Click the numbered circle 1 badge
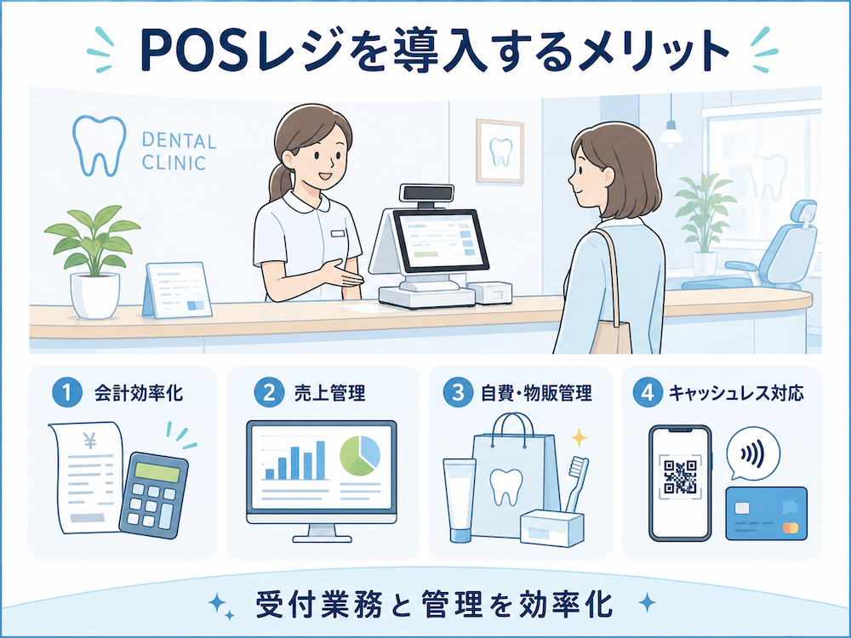pyautogui.click(x=66, y=393)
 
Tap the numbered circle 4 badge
pyautogui.click(x=648, y=393)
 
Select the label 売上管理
pyautogui.click(x=329, y=393)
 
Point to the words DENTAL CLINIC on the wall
pyautogui.click(x=179, y=151)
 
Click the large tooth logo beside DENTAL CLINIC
pyautogui.click(x=100, y=145)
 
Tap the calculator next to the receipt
pyautogui.click(x=153, y=495)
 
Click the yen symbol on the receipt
pyautogui.click(x=90, y=442)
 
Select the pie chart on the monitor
pyautogui.click(x=360, y=456)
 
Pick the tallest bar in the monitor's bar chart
pyautogui.click(x=320, y=460)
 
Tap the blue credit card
pyautogui.click(x=767, y=514)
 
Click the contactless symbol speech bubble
pyautogui.click(x=752, y=454)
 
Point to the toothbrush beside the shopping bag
pyautogui.click(x=576, y=484)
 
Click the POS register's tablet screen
pyautogui.click(x=441, y=241)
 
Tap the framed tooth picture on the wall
pyautogui.click(x=500, y=151)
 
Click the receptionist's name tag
pyautogui.click(x=338, y=234)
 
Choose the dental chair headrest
pyautogui.click(x=804, y=214)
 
